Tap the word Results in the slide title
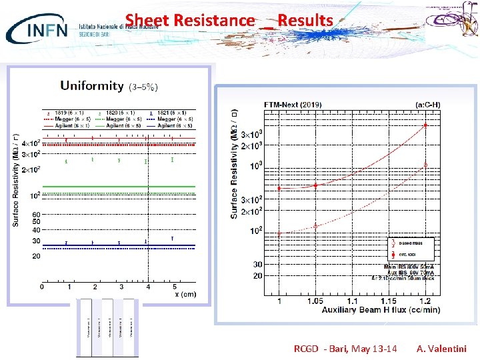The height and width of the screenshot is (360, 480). pyautogui.click(x=305, y=21)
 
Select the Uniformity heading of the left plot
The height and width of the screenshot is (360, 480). pyautogui.click(x=92, y=85)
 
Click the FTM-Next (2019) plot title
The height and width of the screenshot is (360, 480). pyautogui.click(x=293, y=105)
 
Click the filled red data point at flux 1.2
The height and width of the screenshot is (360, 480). pyautogui.click(x=425, y=125)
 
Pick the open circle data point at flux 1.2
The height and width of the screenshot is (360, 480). pyautogui.click(x=425, y=165)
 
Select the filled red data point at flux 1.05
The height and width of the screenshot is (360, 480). pyautogui.click(x=315, y=185)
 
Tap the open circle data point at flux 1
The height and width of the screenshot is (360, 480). pyautogui.click(x=279, y=233)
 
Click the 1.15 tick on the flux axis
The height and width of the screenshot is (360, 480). pyautogui.click(x=389, y=302)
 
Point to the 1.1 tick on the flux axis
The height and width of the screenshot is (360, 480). pyautogui.click(x=352, y=302)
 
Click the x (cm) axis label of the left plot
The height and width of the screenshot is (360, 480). pyautogui.click(x=185, y=293)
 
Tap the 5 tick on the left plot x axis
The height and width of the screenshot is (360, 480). pyautogui.click(x=175, y=287)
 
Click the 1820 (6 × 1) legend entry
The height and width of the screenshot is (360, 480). pyautogui.click(x=116, y=113)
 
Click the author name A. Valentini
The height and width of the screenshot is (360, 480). pyautogui.click(x=441, y=349)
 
